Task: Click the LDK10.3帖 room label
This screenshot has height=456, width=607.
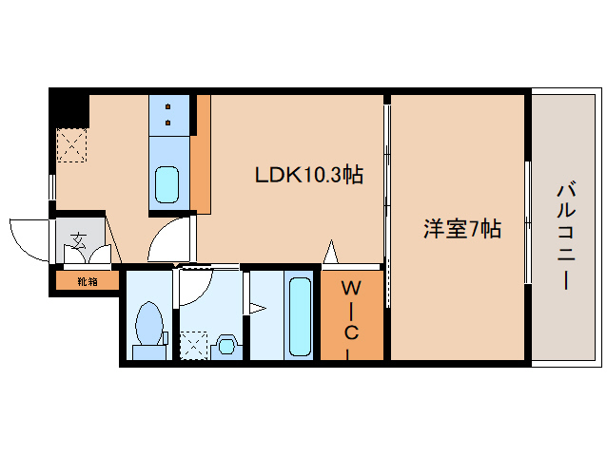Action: click(307, 175)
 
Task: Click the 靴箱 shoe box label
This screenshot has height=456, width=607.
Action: click(88, 280)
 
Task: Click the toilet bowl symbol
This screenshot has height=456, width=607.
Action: click(148, 326)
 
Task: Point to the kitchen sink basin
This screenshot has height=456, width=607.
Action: click(167, 184)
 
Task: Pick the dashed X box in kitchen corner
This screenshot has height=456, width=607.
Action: click(70, 145)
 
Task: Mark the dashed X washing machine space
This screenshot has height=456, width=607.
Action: click(194, 344)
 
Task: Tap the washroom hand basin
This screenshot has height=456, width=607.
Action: click(227, 343)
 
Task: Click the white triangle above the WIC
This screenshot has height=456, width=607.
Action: click(331, 253)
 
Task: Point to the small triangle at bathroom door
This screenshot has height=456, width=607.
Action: click(255, 307)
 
